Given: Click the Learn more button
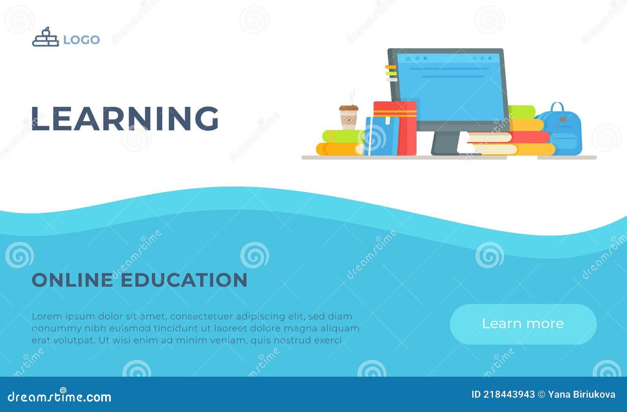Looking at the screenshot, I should click(523, 324).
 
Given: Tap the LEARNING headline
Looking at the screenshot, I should click(125, 118).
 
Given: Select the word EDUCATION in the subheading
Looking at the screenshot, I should click(184, 280).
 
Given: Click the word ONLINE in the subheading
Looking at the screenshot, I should click(72, 280).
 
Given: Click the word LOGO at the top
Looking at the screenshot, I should click(82, 40).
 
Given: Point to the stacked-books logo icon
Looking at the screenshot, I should click(45, 38).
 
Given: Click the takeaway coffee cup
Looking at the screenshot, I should click(348, 117).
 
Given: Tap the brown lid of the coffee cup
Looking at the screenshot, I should click(348, 108).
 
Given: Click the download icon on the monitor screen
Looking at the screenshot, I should click(408, 58).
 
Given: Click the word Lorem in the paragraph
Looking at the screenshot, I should click(47, 316).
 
